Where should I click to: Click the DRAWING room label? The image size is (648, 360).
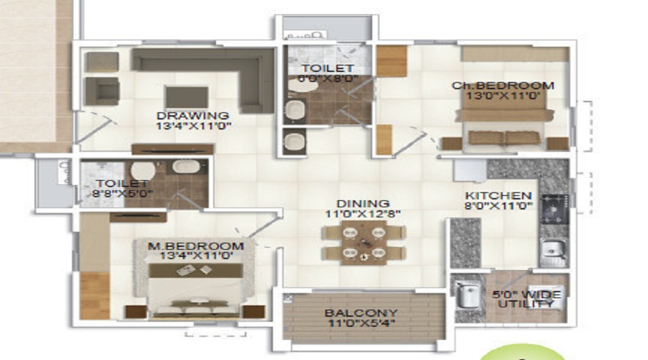point(193,115)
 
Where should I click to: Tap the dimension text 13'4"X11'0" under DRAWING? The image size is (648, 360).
point(193,126)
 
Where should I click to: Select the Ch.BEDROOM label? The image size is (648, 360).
point(503,86)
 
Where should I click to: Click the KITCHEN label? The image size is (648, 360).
point(498,196)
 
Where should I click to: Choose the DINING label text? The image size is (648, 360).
point(363,204)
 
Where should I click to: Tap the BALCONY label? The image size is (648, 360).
point(360,313)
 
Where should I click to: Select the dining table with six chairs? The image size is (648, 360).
point(363,242)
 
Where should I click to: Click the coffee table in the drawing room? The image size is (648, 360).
point(186,96)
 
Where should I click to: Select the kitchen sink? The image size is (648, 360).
point(553,250)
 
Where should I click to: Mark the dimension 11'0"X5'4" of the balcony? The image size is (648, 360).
point(360,324)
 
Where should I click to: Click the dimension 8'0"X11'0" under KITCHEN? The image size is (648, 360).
point(498,207)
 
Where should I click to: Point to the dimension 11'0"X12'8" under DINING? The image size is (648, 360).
point(363,214)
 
